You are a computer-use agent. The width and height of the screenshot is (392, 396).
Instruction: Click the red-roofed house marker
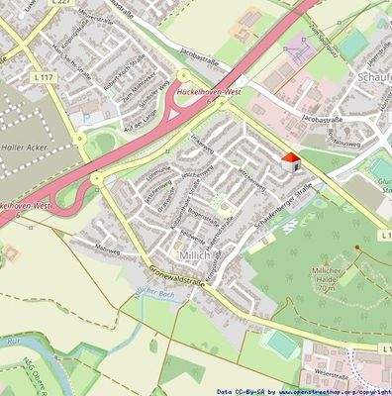pyautogui.click(x=290, y=161)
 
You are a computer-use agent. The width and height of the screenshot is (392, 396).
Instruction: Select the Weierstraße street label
pyautogui.click(x=336, y=372)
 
